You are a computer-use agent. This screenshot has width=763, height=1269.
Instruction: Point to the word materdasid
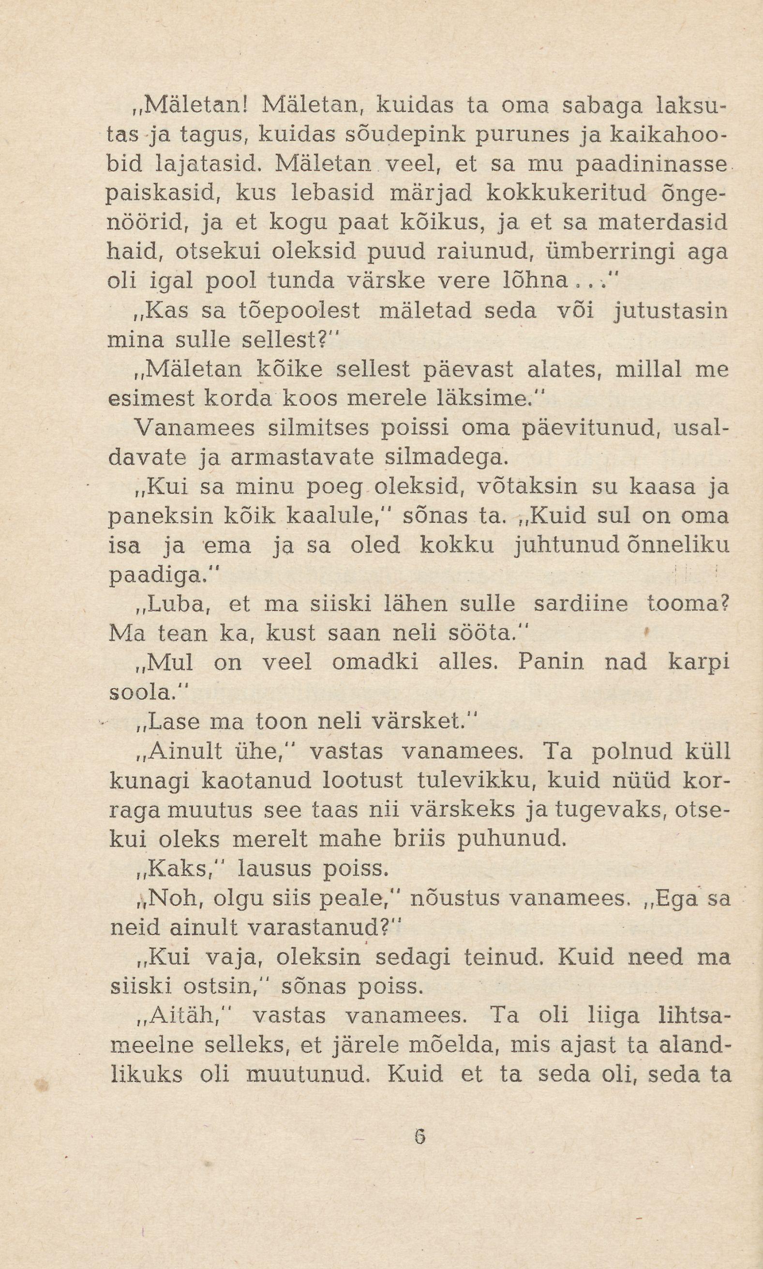coord(663,223)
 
